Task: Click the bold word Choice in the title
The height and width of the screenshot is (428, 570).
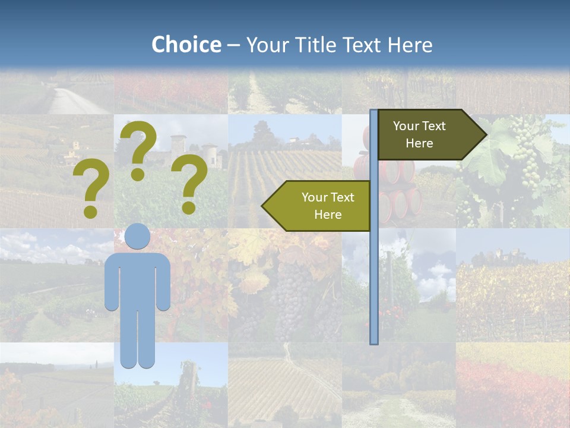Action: [x=186, y=45]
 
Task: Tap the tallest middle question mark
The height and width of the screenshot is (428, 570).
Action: [x=138, y=149]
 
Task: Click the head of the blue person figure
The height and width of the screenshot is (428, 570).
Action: [x=137, y=237]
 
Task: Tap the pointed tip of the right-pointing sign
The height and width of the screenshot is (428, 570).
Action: [x=485, y=135]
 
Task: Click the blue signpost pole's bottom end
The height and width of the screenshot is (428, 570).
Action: [x=374, y=341]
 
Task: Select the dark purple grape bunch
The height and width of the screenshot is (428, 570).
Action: [x=291, y=297]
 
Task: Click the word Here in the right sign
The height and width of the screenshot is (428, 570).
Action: [x=419, y=143]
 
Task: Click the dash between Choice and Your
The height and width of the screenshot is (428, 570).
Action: [x=233, y=45]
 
